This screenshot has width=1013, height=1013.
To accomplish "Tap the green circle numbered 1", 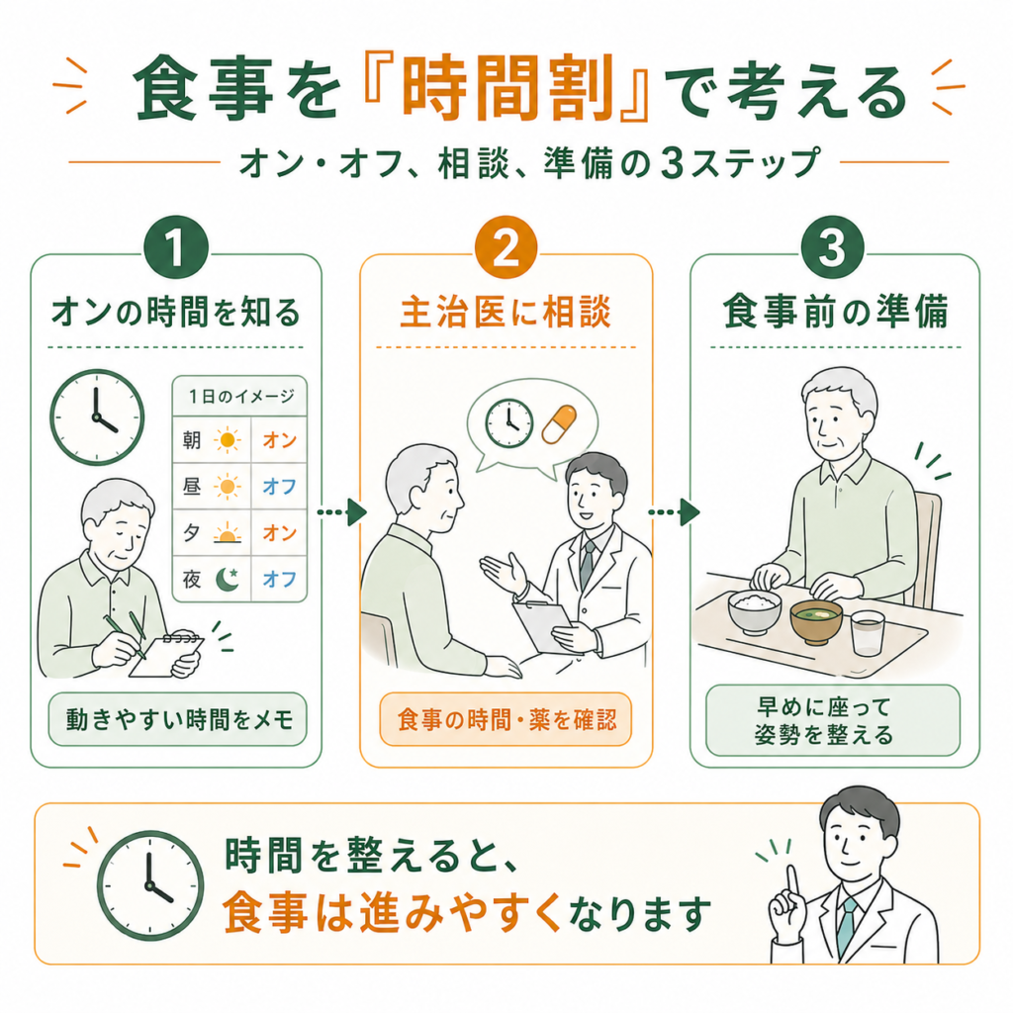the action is point(176,247).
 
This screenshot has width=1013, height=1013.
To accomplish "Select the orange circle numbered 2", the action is point(506,247).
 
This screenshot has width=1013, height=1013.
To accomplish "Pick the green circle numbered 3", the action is point(833,247).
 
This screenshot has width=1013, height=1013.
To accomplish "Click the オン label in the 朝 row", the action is point(279,440).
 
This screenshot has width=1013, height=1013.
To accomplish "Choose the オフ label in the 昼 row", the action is point(279,487).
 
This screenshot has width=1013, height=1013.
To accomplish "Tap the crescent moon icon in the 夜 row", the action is point(227,579).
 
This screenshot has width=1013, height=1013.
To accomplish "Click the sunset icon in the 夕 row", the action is point(227,533).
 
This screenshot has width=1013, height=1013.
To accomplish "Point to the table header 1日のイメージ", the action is point(241,396).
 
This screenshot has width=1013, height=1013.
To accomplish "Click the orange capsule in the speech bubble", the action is point(559,424).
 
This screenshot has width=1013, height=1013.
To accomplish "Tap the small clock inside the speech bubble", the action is point(509,423).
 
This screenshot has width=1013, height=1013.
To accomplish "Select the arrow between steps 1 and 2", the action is point(341,512).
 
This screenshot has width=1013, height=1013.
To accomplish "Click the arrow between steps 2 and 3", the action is point(674,512).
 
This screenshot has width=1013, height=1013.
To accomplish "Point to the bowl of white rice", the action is point(754,610).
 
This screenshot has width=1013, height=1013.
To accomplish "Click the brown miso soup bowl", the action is point(816,621).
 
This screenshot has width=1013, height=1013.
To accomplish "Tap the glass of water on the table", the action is point(867,634).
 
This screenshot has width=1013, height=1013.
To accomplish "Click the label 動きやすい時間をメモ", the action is point(179,719).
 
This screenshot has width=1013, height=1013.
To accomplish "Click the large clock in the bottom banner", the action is point(150,885).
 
